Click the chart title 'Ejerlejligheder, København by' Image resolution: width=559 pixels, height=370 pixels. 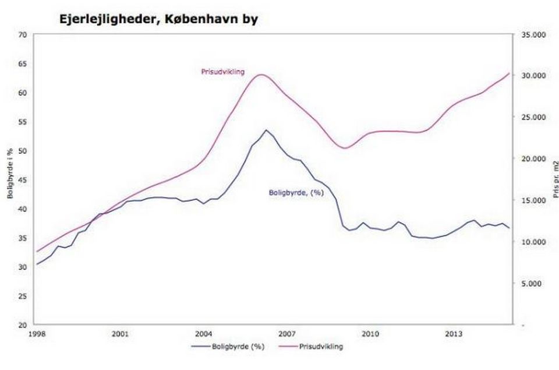point(158,19)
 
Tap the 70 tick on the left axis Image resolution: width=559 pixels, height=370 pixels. point(23,35)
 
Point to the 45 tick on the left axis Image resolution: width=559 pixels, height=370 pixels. point(23,180)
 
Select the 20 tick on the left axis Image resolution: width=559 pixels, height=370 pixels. point(23,325)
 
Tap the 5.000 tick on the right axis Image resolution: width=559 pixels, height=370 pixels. point(532,283)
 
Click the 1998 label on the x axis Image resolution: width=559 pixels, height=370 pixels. point(37,334)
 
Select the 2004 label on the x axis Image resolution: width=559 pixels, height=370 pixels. point(203,334)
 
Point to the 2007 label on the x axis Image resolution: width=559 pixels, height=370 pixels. point(286,334)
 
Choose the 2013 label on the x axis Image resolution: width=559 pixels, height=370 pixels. point(454,334)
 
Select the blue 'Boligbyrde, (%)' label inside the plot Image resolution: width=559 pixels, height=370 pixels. point(296,192)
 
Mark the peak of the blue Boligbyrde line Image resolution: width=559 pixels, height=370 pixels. point(266,130)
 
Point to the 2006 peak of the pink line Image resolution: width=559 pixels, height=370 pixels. point(261,75)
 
